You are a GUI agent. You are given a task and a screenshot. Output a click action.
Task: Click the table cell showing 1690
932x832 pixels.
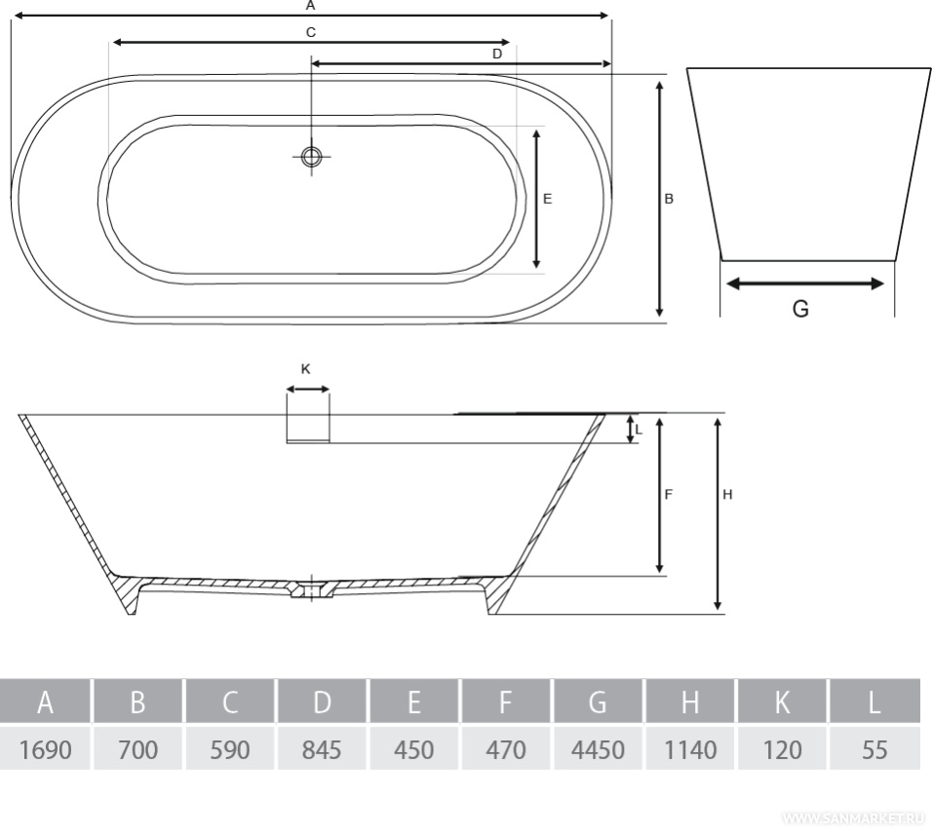(x=45, y=749)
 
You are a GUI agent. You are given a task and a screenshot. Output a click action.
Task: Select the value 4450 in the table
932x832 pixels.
(x=598, y=749)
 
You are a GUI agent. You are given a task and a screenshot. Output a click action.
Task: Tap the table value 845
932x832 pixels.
(x=321, y=749)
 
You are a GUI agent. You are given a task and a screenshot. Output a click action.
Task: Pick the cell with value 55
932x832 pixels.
(x=874, y=749)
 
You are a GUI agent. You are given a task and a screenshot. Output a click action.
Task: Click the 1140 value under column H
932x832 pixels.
(x=689, y=749)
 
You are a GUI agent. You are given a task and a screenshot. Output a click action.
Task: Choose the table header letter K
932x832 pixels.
(x=782, y=702)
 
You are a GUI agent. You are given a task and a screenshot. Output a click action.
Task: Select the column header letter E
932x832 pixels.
(x=413, y=702)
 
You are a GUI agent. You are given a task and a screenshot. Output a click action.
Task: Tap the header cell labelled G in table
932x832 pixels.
(x=598, y=702)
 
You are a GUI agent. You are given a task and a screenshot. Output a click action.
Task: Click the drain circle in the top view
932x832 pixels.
(x=311, y=157)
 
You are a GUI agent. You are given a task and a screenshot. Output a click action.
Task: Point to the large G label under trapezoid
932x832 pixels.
(x=800, y=308)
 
